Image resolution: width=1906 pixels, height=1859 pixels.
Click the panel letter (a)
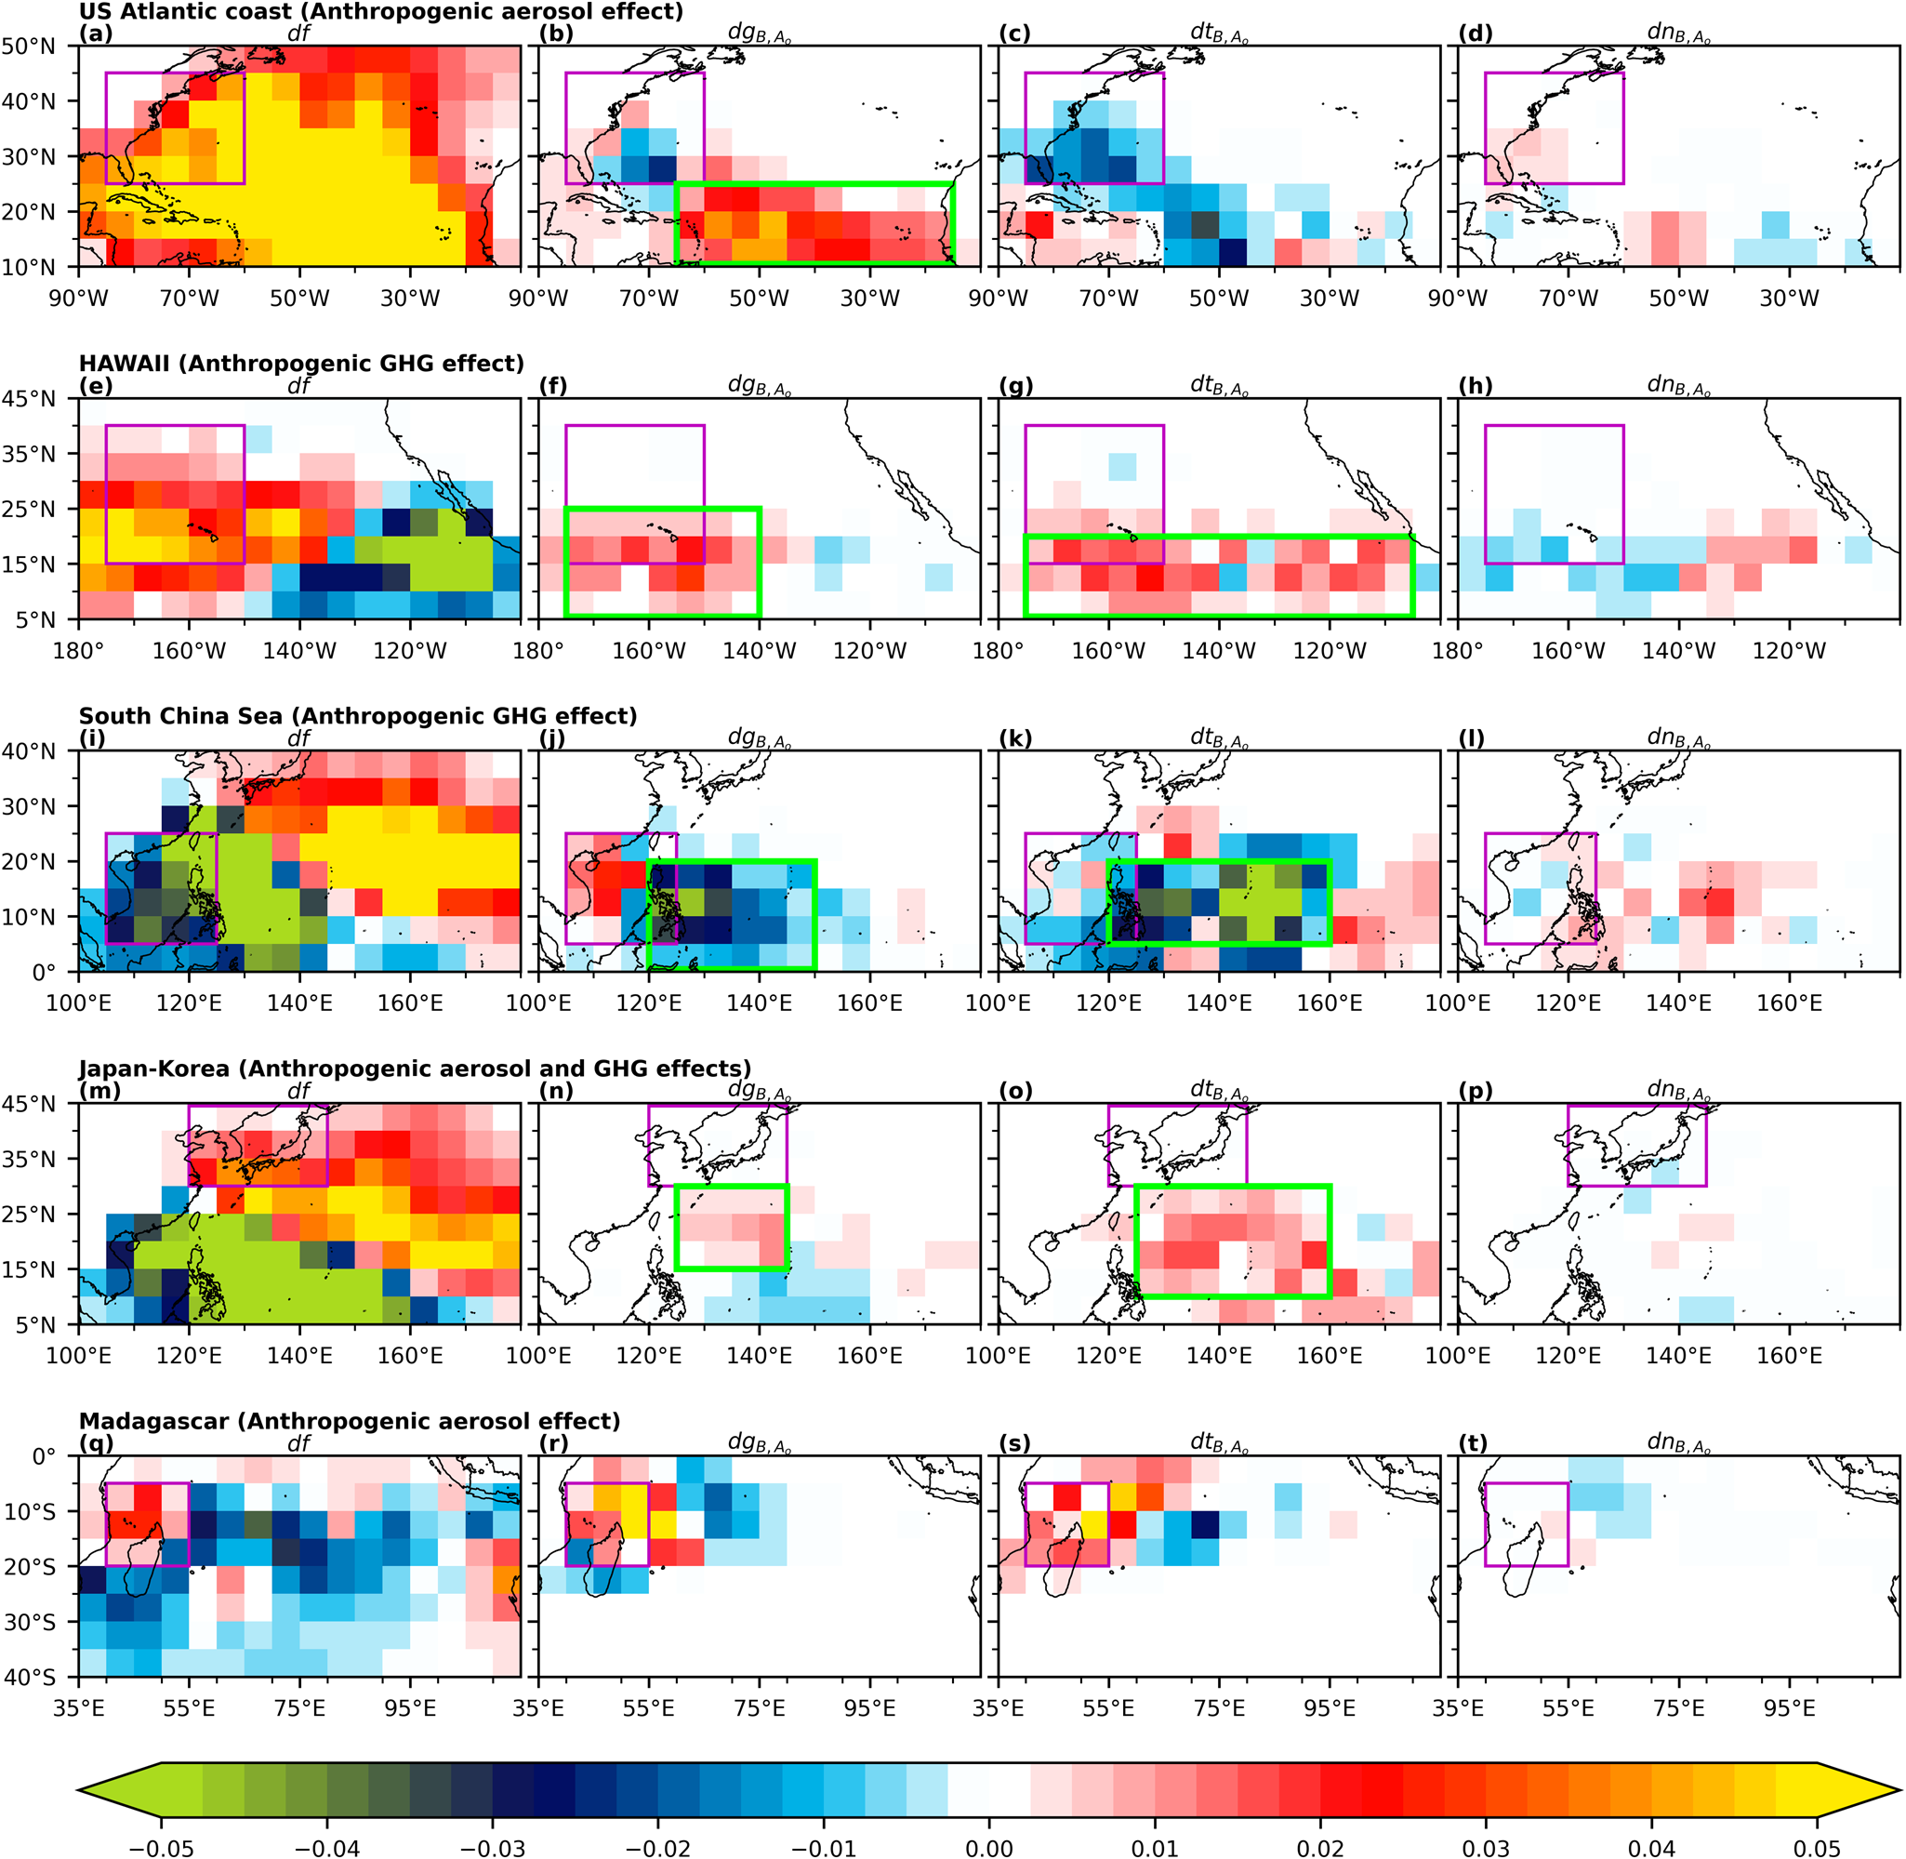96,33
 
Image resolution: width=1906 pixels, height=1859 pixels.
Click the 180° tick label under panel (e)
78,650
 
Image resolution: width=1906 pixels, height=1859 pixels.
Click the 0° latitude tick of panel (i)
43,973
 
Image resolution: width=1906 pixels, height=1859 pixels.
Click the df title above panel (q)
298,1443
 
